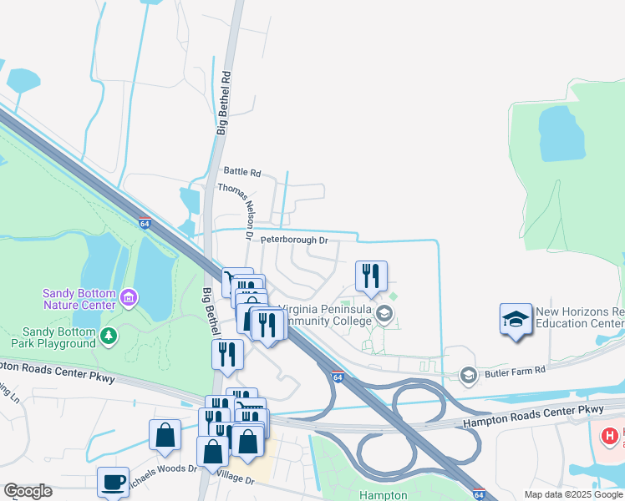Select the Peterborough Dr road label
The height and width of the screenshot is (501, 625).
pyautogui.click(x=293, y=240)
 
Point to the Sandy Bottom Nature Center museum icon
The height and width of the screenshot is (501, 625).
pyautogui.click(x=128, y=297)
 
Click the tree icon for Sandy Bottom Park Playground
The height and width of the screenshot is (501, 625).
pyautogui.click(x=108, y=336)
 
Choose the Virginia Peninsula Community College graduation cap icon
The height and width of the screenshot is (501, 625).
pyautogui.click(x=384, y=315)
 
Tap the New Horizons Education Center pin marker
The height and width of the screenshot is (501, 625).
pyautogui.click(x=516, y=319)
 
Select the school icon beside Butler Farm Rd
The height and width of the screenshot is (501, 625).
pyautogui.click(x=467, y=373)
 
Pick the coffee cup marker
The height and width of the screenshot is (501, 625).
pyautogui.click(x=113, y=483)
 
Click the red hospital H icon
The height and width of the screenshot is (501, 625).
pyautogui.click(x=611, y=435)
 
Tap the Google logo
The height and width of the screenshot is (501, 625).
pyautogui.click(x=28, y=491)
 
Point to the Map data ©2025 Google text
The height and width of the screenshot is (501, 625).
pyautogui.click(x=574, y=494)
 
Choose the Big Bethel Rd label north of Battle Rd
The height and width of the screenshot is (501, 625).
pyautogui.click(x=222, y=102)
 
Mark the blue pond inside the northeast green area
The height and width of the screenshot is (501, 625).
pyautogui.click(x=556, y=133)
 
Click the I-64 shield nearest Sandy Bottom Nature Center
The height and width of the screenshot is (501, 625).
pyautogui.click(x=145, y=224)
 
